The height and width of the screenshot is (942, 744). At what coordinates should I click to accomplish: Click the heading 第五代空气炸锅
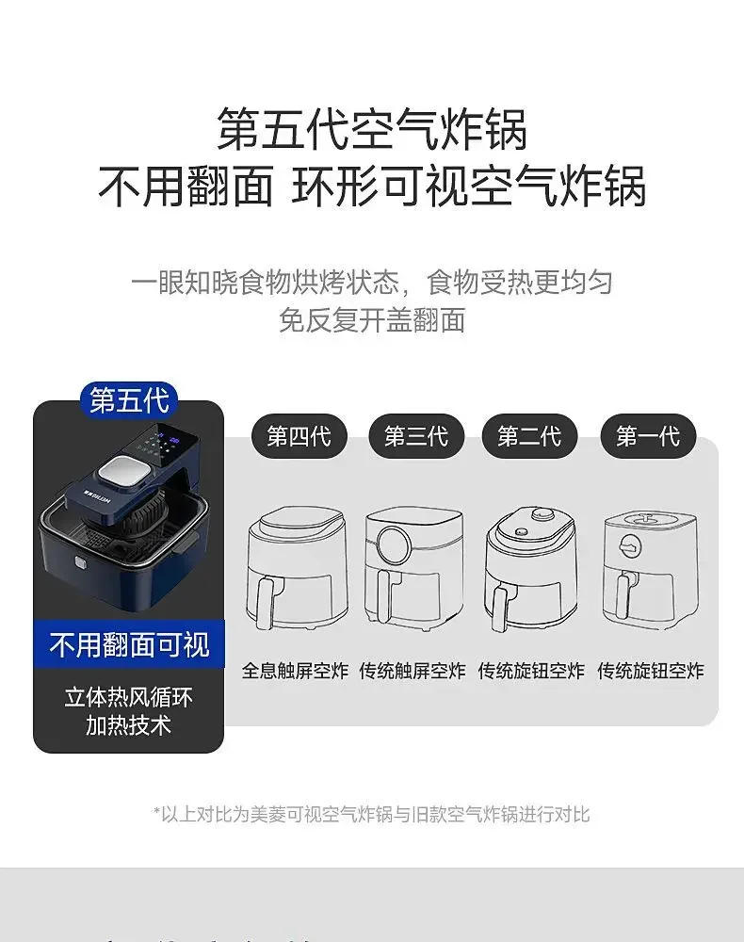tap(372, 129)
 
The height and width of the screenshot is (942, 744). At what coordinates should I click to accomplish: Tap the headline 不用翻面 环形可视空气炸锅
tap(372, 187)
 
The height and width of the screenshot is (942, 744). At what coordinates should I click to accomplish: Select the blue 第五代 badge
tap(129, 399)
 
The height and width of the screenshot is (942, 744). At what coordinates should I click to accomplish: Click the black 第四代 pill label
tap(299, 436)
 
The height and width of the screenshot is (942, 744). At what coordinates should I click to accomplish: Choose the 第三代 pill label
tap(415, 436)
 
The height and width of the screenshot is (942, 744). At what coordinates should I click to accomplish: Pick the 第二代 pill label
tap(529, 436)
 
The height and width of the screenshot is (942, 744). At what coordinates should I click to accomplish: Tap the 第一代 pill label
tap(648, 436)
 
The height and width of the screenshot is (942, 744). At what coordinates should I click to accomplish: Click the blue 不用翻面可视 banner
tap(129, 645)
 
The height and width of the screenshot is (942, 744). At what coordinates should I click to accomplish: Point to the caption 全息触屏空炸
tap(295, 671)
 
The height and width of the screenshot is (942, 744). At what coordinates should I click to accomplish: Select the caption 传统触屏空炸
tap(413, 671)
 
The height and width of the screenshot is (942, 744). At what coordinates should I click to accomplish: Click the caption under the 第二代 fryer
tap(531, 671)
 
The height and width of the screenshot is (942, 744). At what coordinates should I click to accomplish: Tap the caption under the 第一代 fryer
tap(650, 671)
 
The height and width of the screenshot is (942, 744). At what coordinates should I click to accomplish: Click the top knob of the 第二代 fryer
tap(541, 514)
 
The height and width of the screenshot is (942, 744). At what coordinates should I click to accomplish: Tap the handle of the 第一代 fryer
tap(623, 593)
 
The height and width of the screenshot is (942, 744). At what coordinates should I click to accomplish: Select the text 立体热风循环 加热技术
tap(129, 711)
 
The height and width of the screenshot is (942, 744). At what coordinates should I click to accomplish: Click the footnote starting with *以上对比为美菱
tap(371, 814)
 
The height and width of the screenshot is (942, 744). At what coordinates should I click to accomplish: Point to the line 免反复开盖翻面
tap(372, 320)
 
